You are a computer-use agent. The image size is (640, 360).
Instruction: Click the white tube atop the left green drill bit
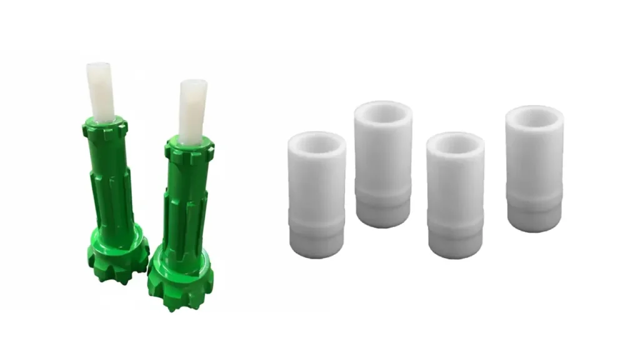tap(101, 91)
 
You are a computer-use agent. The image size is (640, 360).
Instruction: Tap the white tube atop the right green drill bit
tap(192, 110)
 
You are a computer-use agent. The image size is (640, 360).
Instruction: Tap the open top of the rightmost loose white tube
tap(534, 116)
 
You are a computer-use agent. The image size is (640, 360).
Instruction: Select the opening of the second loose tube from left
tap(383, 112)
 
